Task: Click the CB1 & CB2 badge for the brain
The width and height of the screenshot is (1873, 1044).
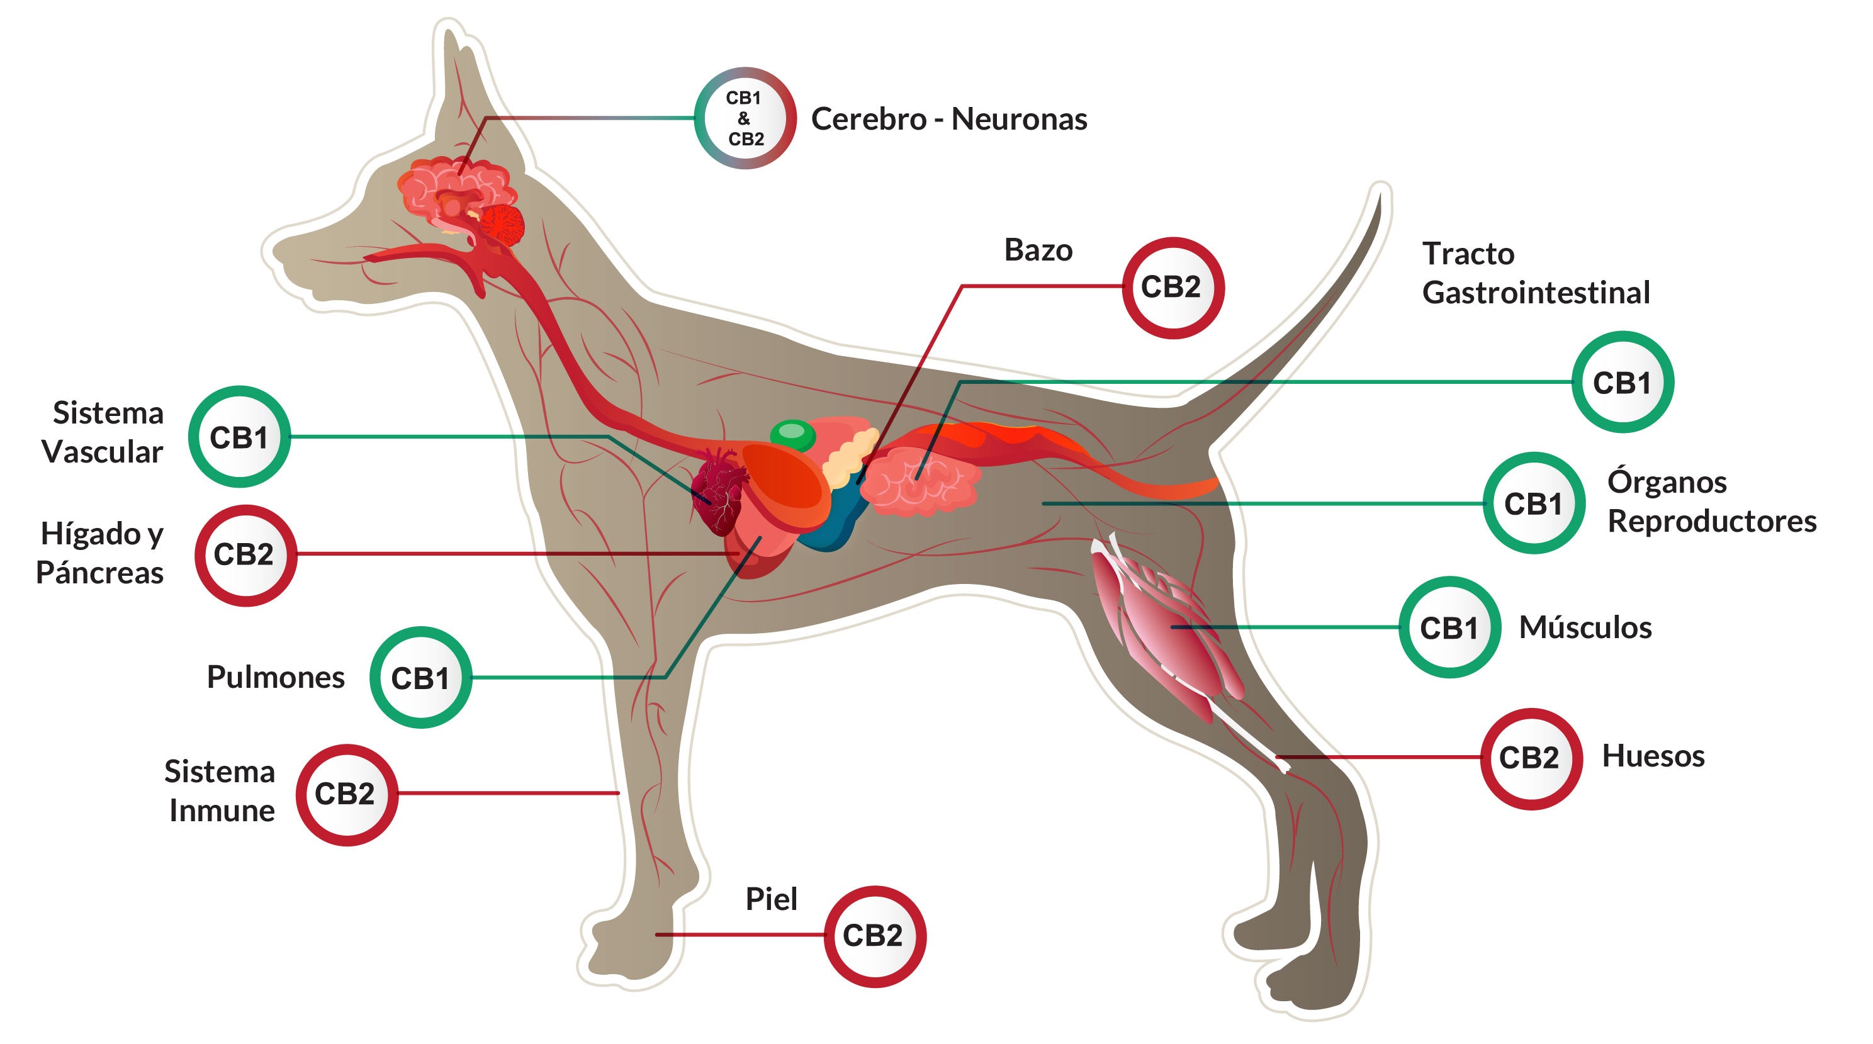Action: coord(745,118)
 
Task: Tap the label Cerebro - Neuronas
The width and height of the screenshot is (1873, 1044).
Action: coord(949,119)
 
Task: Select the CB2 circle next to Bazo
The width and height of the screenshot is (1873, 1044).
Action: coord(1172,288)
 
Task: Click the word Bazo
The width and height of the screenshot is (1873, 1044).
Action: coord(1038,250)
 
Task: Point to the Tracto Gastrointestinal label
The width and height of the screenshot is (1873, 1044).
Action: coord(1535,273)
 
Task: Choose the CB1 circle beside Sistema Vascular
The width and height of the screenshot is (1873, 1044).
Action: coord(239,437)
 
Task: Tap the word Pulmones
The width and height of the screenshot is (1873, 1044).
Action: coord(276,677)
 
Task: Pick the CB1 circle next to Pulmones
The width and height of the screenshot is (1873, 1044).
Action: coord(420,678)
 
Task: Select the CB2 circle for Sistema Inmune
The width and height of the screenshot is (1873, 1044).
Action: coord(346,795)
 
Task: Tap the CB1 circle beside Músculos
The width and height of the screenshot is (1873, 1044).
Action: coord(1449,627)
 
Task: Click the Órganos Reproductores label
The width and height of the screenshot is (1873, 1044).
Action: coord(1711,502)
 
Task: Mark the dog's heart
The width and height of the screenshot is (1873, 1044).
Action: coord(717,490)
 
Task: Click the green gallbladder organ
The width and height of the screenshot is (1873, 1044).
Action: coord(792,435)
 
